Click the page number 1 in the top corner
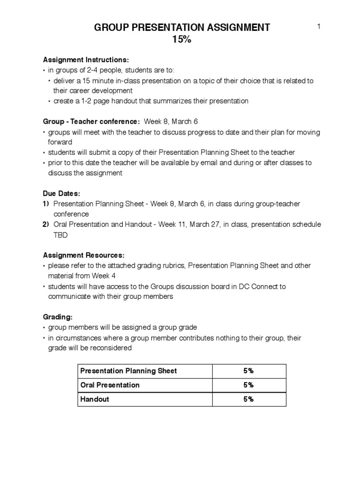click(x=319, y=27)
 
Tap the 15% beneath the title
click(x=182, y=40)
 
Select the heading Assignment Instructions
click(x=86, y=60)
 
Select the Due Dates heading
click(x=62, y=194)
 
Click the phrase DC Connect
click(x=267, y=287)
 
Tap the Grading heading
click(x=58, y=317)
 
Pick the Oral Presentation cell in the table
click(x=110, y=385)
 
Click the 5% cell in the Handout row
click(x=248, y=399)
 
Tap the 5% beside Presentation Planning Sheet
click(x=248, y=371)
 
